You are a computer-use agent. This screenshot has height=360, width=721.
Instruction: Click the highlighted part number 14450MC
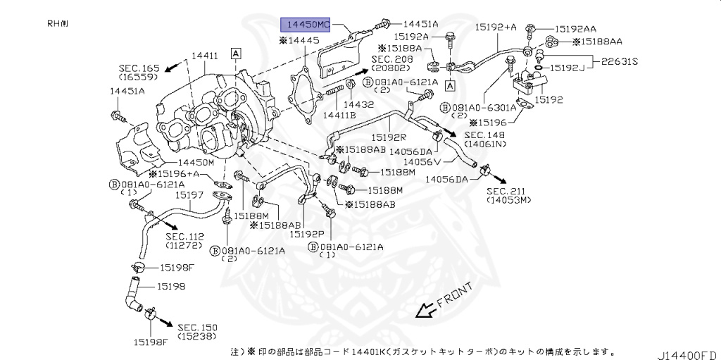coord(305,24)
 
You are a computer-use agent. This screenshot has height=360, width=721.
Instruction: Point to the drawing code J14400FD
coord(687,350)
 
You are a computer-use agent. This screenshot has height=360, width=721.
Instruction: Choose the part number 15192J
coord(569,68)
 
